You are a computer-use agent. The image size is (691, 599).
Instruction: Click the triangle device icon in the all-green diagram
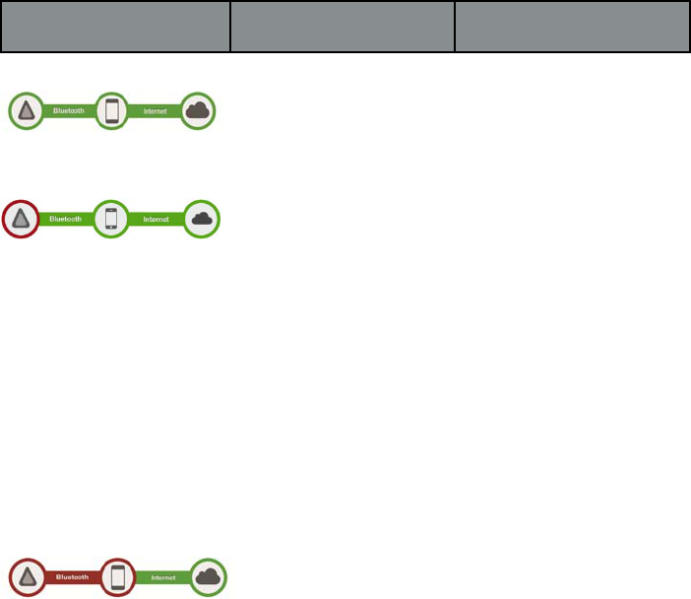(27, 111)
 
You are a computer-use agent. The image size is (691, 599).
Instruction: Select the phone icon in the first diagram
(111, 111)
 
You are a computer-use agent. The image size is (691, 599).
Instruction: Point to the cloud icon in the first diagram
(200, 111)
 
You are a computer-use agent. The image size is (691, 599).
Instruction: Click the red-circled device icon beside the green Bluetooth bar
(22, 219)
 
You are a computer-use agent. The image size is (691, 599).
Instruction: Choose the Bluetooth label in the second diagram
(64, 219)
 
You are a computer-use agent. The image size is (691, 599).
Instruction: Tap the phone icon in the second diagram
(110, 219)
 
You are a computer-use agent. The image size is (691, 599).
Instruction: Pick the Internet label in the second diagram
(157, 219)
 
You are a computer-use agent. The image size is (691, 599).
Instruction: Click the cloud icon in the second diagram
(203, 219)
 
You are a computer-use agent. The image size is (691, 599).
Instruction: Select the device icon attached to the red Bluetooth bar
(28, 577)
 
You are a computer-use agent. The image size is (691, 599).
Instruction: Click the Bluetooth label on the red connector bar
(72, 577)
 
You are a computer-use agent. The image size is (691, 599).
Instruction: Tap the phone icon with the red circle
(118, 577)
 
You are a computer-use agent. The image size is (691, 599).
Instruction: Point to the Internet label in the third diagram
(162, 577)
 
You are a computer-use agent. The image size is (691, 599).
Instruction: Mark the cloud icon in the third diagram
(208, 577)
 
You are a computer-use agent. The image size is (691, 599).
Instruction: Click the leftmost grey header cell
(115, 27)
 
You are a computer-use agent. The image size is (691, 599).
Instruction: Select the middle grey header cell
(342, 27)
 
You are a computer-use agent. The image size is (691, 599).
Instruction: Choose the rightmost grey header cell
(572, 27)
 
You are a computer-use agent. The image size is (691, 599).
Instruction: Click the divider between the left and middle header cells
(229, 27)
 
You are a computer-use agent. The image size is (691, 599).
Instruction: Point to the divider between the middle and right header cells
(455, 27)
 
